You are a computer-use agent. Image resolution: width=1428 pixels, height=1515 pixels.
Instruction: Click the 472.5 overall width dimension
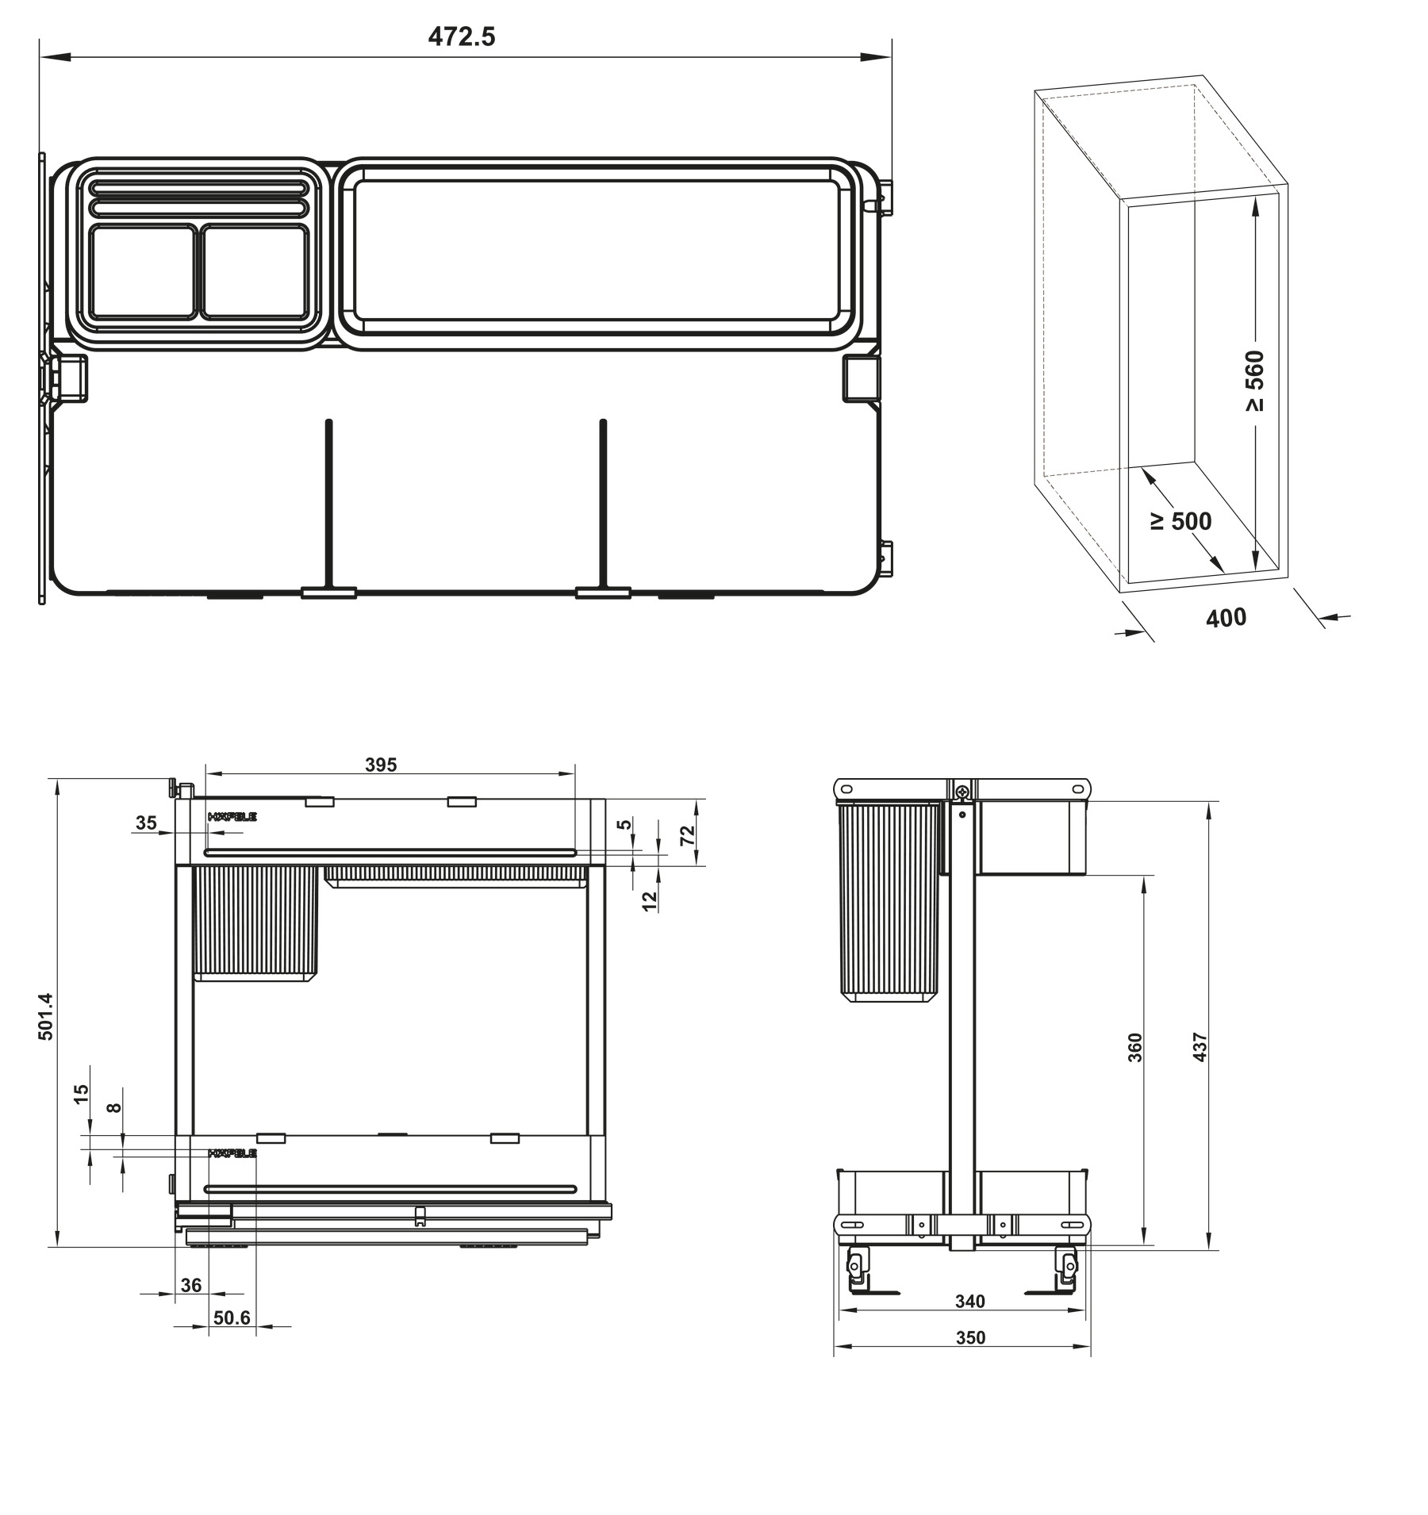click(x=462, y=36)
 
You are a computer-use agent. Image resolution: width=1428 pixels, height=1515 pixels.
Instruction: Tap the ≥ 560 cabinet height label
click(x=1254, y=382)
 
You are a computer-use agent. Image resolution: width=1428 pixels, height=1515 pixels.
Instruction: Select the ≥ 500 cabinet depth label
click(x=1180, y=521)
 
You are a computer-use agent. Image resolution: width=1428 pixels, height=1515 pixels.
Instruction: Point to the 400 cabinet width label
click(x=1226, y=617)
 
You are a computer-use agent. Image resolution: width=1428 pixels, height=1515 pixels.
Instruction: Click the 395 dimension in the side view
click(x=381, y=765)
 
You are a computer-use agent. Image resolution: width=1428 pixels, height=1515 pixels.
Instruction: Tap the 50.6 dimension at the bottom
click(x=232, y=1317)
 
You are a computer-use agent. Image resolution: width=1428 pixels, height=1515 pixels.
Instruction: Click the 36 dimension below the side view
click(x=191, y=1285)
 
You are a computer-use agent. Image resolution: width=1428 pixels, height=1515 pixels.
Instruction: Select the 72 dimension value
click(x=687, y=834)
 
